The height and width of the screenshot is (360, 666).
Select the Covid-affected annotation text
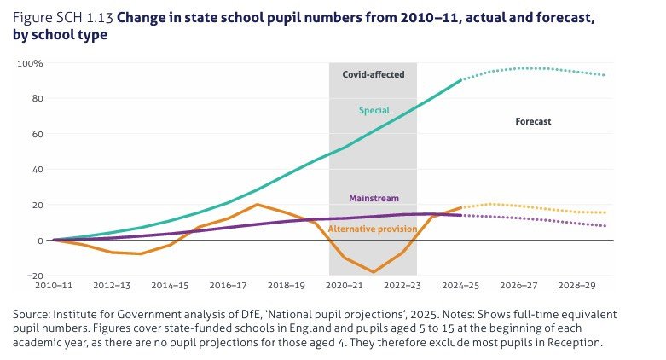coord(373,74)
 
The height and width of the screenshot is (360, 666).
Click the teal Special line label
coord(373,110)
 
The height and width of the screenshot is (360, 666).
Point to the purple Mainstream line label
coord(374,198)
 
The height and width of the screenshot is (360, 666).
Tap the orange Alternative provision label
coord(373,229)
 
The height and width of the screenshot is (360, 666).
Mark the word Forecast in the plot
coord(533,121)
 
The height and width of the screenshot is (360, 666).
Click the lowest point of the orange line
coord(373,272)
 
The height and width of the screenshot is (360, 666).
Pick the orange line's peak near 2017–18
coord(257,205)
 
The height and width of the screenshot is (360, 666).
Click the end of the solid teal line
coord(461,80)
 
